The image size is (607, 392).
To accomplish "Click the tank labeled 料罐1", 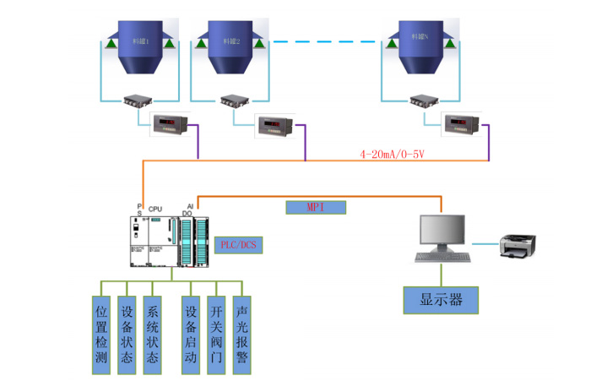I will [x=140, y=46].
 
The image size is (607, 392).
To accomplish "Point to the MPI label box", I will [x=316, y=206].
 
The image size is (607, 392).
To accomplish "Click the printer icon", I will [x=516, y=245].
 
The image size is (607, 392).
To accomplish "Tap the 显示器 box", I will [x=440, y=299].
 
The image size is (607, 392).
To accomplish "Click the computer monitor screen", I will [x=442, y=231].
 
